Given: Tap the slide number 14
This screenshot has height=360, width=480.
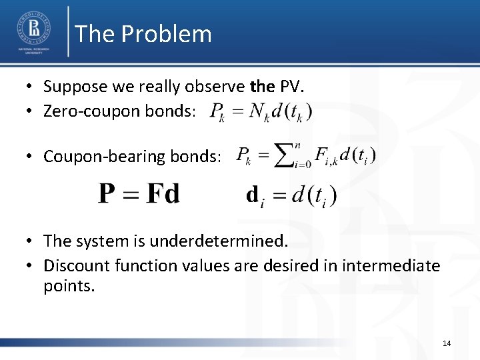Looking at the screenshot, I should point(446,343).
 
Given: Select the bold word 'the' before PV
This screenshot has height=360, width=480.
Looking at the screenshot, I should point(261,86).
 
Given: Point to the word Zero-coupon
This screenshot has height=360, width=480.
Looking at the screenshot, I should point(83,111).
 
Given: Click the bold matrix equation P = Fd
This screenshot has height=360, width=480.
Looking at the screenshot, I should point(139,194).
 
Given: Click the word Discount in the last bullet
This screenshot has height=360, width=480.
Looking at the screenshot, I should point(73,266).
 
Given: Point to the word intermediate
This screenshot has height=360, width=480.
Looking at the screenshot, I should point(391,266).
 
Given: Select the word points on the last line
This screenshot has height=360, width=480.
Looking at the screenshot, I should point(69,287).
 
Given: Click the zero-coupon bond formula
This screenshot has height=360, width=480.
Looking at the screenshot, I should point(260,111).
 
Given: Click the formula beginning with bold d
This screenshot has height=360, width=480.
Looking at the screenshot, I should point(291,195).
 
